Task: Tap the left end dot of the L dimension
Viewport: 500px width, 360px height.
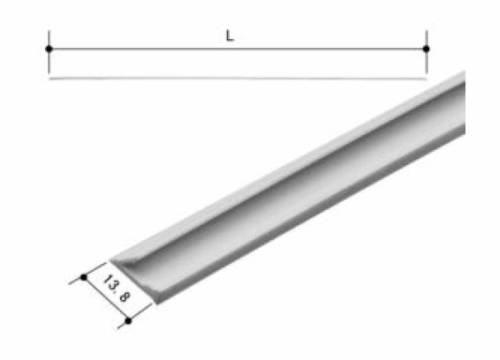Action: pyautogui.click(x=49, y=49)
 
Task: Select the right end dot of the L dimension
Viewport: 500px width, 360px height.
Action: pyautogui.click(x=426, y=49)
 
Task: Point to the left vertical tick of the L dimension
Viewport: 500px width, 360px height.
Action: pyautogui.click(x=49, y=37)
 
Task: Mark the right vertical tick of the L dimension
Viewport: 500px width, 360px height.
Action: pyautogui.click(x=426, y=37)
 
